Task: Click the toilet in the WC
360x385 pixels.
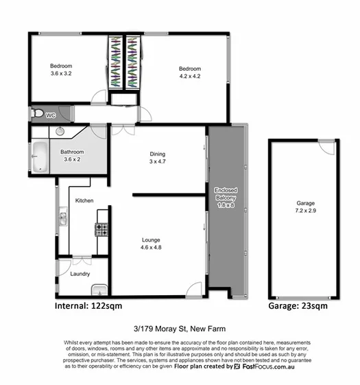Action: tap(40, 114)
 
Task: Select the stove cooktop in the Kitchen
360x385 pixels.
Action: tap(101, 229)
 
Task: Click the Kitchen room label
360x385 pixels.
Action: tap(84, 200)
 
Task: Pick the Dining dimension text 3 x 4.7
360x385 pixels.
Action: tap(158, 163)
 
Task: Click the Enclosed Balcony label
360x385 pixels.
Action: tap(226, 193)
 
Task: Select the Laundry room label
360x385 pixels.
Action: tap(80, 275)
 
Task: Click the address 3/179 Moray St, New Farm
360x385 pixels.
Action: tap(180, 328)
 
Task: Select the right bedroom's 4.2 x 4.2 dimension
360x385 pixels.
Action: tap(190, 76)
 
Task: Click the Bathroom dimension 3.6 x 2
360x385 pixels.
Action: tap(72, 159)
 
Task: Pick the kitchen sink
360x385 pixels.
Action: tap(62, 218)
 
